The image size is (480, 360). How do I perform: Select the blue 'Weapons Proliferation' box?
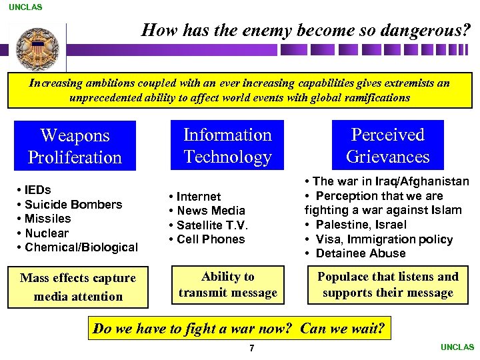[75, 147]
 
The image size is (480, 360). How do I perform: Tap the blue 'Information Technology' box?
[227, 146]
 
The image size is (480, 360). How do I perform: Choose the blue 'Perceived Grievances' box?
[387, 146]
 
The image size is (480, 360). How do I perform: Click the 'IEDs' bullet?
[37, 190]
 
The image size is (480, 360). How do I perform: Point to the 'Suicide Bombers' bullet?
[73, 205]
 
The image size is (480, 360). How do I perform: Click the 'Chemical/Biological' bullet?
[81, 247]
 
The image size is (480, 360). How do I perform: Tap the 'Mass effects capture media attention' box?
[78, 287]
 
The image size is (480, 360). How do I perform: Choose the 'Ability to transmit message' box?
[228, 285]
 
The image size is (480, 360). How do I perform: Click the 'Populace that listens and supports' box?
[387, 285]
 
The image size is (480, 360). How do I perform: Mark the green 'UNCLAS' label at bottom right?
[457, 347]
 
